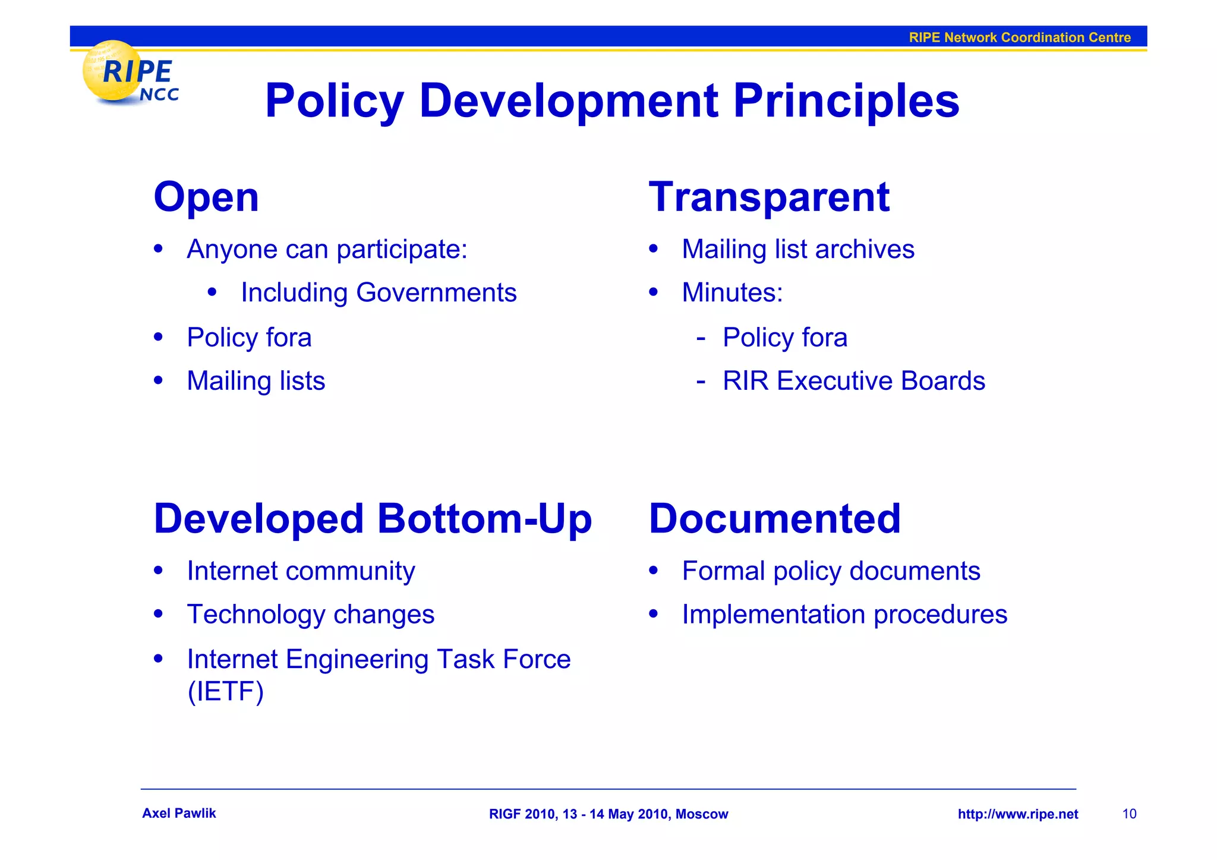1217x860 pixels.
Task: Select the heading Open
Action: [206, 197]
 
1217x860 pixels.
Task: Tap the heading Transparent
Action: [769, 197]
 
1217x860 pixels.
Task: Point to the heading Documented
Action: [774, 519]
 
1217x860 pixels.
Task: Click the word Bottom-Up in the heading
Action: [484, 519]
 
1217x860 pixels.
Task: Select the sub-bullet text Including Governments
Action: [379, 293]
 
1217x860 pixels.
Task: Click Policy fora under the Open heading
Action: [249, 338]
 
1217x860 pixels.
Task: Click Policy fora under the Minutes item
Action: [784, 338]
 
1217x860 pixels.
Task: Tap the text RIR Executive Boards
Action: [853, 381]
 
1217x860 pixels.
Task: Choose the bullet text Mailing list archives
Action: [797, 249]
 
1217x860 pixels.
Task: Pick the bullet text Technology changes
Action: [310, 615]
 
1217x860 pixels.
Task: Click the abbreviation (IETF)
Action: [225, 691]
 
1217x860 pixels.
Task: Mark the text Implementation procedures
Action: [844, 615]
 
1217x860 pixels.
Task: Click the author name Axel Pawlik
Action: [179, 814]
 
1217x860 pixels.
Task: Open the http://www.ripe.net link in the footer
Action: [1017, 814]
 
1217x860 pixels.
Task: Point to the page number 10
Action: [1129, 814]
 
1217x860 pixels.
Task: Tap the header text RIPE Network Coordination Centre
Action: [1019, 37]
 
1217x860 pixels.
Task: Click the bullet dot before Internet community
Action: [158, 571]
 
